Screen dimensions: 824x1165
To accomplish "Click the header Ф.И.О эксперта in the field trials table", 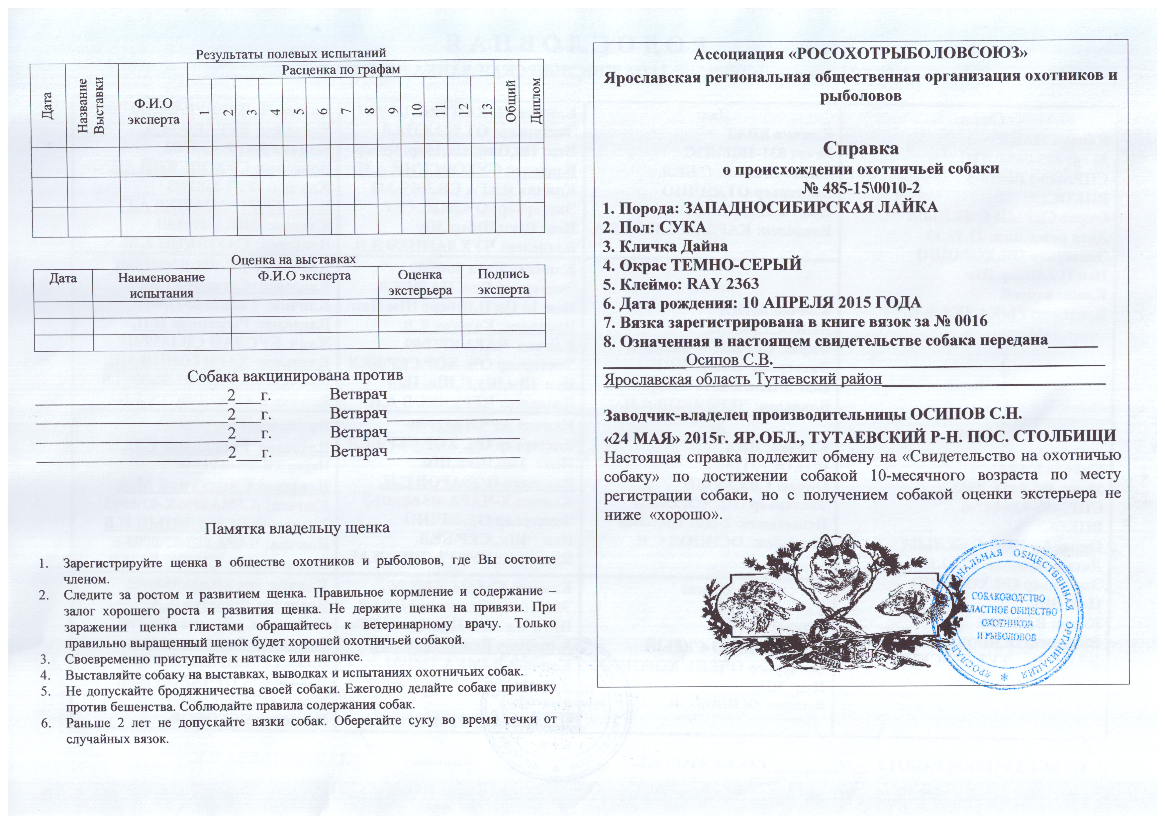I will [x=154, y=112].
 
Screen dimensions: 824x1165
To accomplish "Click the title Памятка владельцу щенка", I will [x=297, y=528].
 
